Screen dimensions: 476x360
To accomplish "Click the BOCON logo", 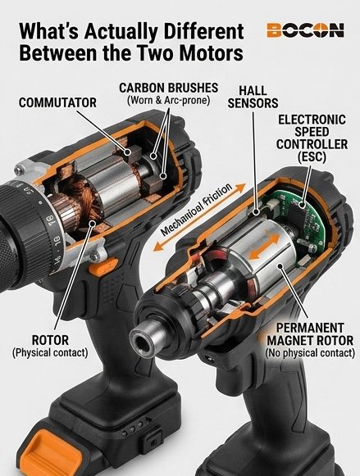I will click(x=304, y=31).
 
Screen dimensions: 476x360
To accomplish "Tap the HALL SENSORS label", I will click(x=257, y=96).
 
